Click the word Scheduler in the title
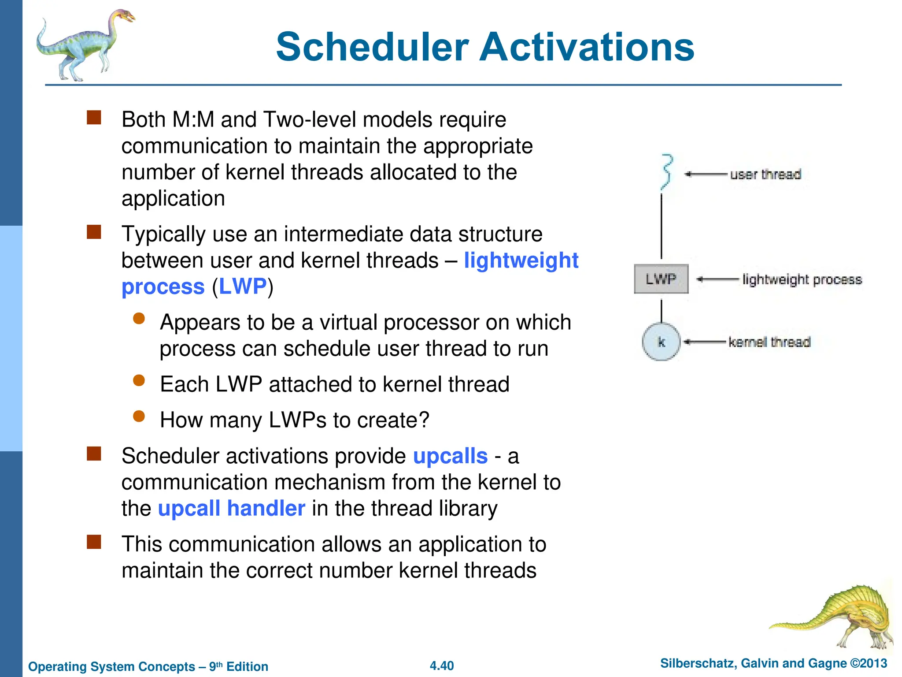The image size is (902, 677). coord(372,47)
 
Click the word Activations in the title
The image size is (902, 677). coord(587,47)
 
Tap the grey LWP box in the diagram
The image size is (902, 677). coord(661,279)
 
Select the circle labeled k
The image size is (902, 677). coord(661,342)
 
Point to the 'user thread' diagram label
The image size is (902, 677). coord(765,175)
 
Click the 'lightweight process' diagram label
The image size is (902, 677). coord(802,279)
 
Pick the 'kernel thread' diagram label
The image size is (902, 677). coord(769,342)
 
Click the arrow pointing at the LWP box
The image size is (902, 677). coord(717,279)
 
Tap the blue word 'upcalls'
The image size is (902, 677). coord(450,456)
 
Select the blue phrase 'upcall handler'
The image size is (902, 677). coord(231,508)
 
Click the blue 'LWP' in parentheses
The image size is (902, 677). coord(243,286)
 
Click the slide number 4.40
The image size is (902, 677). coord(442,666)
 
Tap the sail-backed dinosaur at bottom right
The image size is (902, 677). coord(841,617)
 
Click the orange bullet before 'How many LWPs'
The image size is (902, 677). coord(139,416)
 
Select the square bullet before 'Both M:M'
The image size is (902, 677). coord(94,118)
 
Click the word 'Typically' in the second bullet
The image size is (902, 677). coord(163,234)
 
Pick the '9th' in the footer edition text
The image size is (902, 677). coord(215,666)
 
